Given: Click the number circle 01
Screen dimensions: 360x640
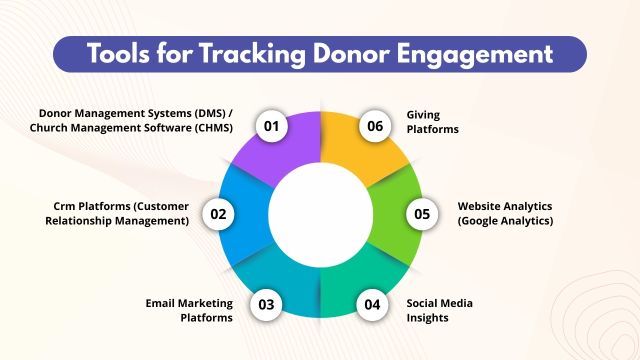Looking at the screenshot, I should click(x=271, y=126).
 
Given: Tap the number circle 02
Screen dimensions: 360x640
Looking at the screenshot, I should click(x=218, y=214).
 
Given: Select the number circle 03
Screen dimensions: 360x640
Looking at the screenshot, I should click(x=266, y=304).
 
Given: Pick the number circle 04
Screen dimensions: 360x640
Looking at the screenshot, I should click(x=372, y=304).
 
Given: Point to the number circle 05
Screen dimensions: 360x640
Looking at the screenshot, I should click(x=422, y=214).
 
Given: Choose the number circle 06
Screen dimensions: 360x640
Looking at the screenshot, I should click(x=375, y=126).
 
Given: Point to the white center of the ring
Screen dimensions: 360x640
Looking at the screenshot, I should click(x=320, y=214).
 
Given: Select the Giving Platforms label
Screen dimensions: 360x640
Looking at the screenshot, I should click(x=431, y=122).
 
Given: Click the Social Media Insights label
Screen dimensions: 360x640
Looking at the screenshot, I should click(x=439, y=310).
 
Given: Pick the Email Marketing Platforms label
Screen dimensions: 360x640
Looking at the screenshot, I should click(x=189, y=310).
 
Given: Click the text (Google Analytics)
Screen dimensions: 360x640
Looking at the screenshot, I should click(x=505, y=220).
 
